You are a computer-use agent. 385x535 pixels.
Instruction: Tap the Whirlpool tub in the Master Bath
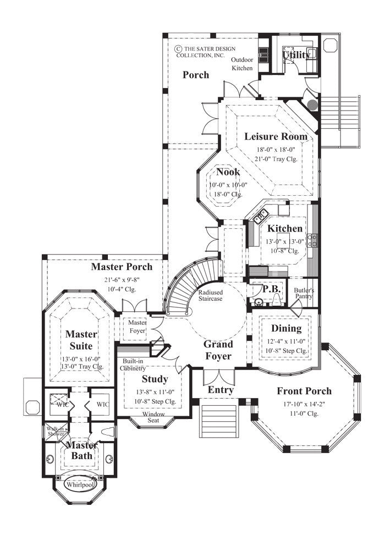tap(79, 485)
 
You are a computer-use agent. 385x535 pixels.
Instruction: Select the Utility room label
tap(296, 55)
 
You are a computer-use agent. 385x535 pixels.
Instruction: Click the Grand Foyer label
tap(218, 350)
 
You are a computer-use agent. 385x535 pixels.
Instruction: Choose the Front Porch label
tap(304, 391)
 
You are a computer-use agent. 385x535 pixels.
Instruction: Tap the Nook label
tap(228, 172)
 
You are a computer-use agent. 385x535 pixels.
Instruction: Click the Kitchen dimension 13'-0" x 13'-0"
tap(284, 240)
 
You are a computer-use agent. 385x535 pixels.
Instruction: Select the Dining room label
tap(287, 328)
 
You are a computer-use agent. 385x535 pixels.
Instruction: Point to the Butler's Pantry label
tap(304, 293)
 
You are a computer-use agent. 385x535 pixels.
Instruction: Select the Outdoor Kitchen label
tap(242, 64)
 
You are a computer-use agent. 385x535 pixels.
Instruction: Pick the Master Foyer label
tap(137, 327)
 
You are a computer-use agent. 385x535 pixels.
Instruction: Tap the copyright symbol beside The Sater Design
tap(178, 48)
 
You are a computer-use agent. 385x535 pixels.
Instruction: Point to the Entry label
tap(220, 390)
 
